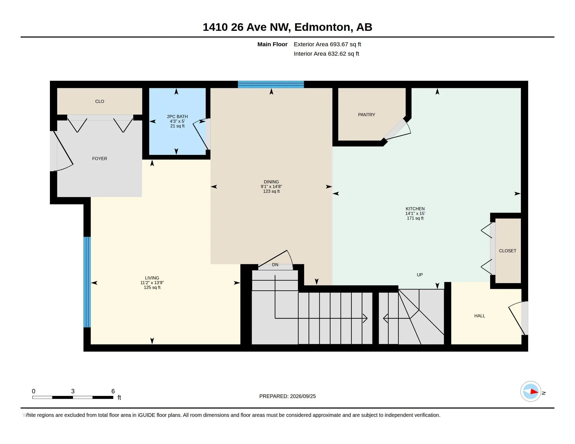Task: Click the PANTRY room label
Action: [366, 115]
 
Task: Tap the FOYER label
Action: [100, 159]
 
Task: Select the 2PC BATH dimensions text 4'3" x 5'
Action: [177, 121]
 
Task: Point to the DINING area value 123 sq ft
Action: [271, 191]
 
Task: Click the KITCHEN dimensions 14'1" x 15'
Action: [415, 213]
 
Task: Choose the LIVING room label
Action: [152, 278]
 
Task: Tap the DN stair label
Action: [275, 265]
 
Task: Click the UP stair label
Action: [420, 275]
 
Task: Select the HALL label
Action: [479, 316]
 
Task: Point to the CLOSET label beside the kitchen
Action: [508, 251]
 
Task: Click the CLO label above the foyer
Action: [100, 101]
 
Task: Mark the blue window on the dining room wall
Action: [271, 84]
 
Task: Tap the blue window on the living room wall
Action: [87, 282]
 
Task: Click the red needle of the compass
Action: [534, 392]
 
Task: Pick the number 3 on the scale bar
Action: [73, 391]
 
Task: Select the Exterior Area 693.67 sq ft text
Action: [327, 44]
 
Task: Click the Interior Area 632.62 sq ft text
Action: [326, 54]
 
